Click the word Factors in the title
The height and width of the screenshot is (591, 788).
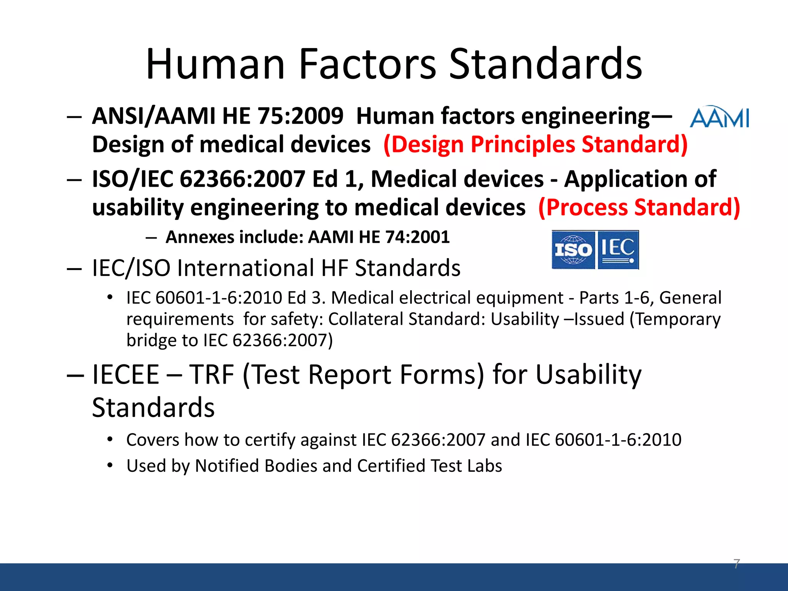(367, 64)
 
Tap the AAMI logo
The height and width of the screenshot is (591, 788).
(719, 117)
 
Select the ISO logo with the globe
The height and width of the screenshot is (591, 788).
(573, 250)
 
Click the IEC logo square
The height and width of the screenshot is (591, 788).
(618, 250)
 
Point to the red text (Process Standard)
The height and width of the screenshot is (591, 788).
(639, 208)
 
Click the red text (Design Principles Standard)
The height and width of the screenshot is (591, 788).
(535, 145)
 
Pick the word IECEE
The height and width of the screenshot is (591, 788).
(126, 374)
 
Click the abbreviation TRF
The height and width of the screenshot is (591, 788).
(211, 374)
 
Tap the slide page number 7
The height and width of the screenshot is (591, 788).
(736, 564)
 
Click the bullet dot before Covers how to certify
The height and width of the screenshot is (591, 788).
(110, 439)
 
